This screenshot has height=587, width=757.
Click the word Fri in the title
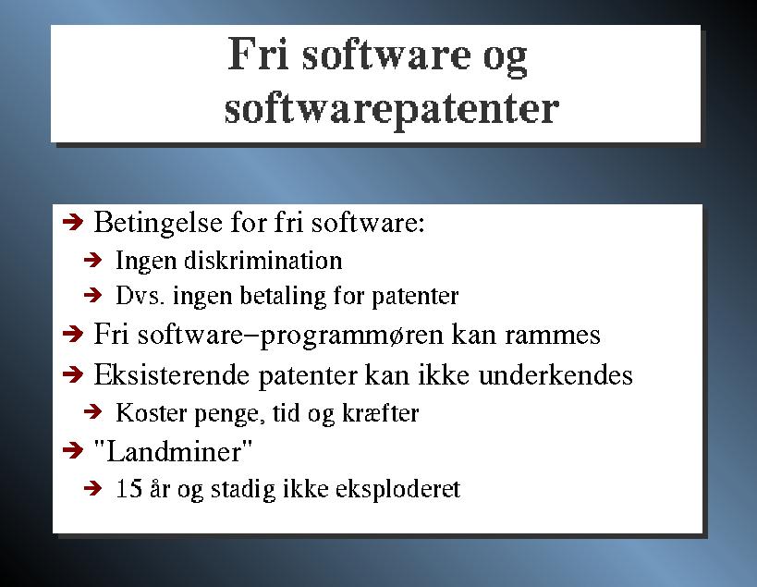258,54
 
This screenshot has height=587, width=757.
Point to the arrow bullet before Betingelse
73,223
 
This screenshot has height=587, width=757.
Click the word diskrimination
263,261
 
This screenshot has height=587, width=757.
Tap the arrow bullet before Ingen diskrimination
92,261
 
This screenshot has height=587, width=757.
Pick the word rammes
553,335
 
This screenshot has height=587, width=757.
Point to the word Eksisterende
171,374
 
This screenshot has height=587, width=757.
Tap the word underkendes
556,374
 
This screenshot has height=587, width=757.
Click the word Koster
151,412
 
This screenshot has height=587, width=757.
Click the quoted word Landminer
173,452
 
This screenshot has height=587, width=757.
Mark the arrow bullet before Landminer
73,451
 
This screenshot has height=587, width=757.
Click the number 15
128,488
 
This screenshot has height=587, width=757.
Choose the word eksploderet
397,490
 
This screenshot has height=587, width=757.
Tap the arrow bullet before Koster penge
92,411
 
